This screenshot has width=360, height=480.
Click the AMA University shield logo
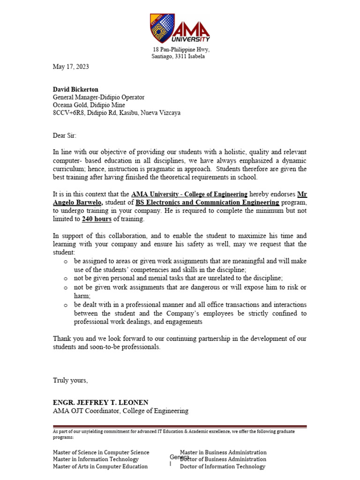(162, 28)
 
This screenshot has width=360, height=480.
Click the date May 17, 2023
(71, 67)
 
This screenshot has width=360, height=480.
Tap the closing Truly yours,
(70, 380)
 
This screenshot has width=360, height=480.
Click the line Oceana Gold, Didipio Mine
(89, 105)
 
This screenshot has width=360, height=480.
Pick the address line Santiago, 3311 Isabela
(178, 57)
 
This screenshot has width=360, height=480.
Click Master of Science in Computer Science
(101, 452)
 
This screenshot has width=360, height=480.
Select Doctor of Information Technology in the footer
(223, 466)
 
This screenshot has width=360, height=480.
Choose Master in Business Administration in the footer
(223, 452)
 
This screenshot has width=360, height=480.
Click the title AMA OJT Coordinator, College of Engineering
(120, 411)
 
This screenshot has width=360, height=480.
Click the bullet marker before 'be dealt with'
(66, 305)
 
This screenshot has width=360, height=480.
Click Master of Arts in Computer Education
(100, 466)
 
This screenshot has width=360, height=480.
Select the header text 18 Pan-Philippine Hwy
(181, 50)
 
